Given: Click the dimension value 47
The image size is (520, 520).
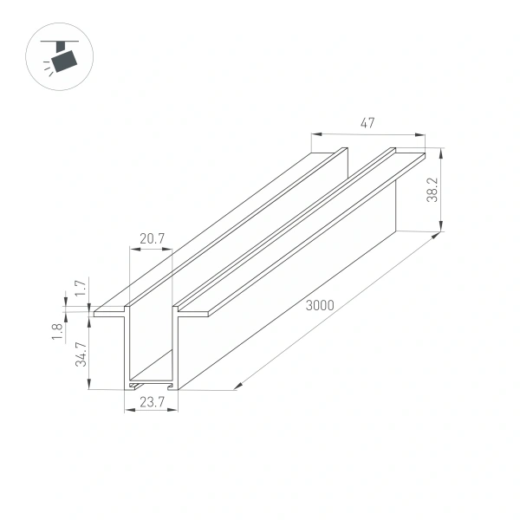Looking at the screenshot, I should pos(367,124).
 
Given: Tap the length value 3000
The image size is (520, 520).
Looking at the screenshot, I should pos(321,305).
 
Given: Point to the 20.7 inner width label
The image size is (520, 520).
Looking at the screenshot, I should pos(151,238).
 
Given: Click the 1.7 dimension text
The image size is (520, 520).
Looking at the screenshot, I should pos(79,288).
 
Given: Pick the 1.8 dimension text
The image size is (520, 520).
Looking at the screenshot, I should pos(57,331).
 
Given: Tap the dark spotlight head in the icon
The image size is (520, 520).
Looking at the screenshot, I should pos(63,62).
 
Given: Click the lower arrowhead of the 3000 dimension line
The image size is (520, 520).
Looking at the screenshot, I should pos(237,386).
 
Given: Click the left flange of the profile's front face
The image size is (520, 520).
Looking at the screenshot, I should pos(111,310).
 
